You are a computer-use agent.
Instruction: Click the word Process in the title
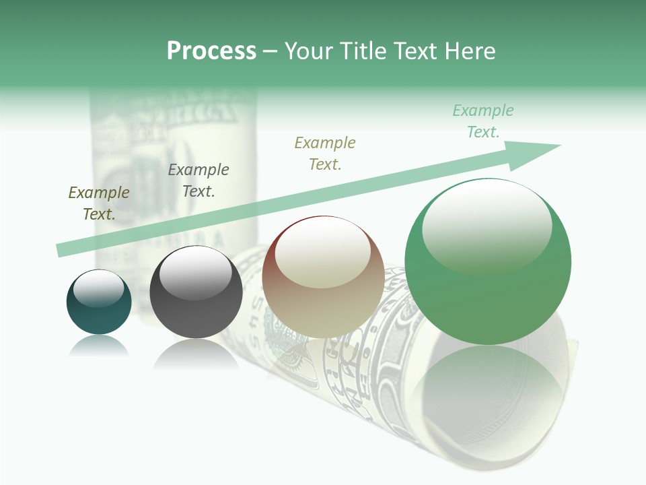click(211, 51)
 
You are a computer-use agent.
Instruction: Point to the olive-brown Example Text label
click(99, 203)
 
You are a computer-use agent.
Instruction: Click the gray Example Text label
click(199, 180)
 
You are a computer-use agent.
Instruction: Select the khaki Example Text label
click(325, 153)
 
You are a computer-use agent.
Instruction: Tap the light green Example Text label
click(483, 121)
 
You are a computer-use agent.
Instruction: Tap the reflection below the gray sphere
click(196, 353)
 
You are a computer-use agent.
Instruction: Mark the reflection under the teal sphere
click(99, 345)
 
